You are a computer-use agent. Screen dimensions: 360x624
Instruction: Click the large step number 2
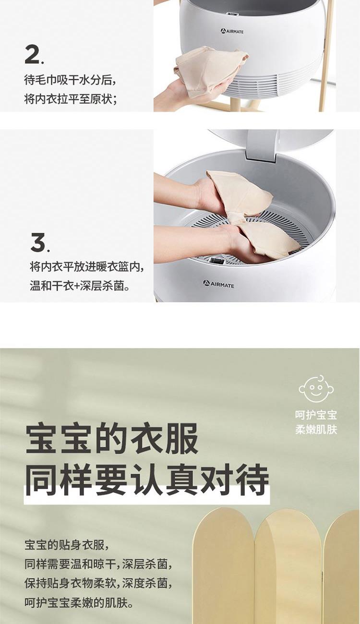tap(32, 55)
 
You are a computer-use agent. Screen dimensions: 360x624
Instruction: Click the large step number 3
tap(38, 243)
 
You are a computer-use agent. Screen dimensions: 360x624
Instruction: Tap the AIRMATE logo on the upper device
tap(232, 31)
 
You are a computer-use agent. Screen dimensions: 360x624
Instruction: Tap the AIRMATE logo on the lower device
tap(218, 284)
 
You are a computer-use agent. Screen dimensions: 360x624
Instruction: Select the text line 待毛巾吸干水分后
tap(70, 81)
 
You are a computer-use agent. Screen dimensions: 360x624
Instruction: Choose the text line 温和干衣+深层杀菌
tap(80, 286)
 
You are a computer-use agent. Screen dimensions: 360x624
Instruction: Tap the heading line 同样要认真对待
tap(147, 480)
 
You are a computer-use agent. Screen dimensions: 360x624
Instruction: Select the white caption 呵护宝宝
tap(316, 415)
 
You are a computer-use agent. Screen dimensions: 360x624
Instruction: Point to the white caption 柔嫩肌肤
tap(316, 430)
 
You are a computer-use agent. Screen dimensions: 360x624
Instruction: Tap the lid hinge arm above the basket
tap(262, 145)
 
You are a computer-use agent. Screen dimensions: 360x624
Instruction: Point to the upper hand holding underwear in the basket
tap(195, 191)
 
